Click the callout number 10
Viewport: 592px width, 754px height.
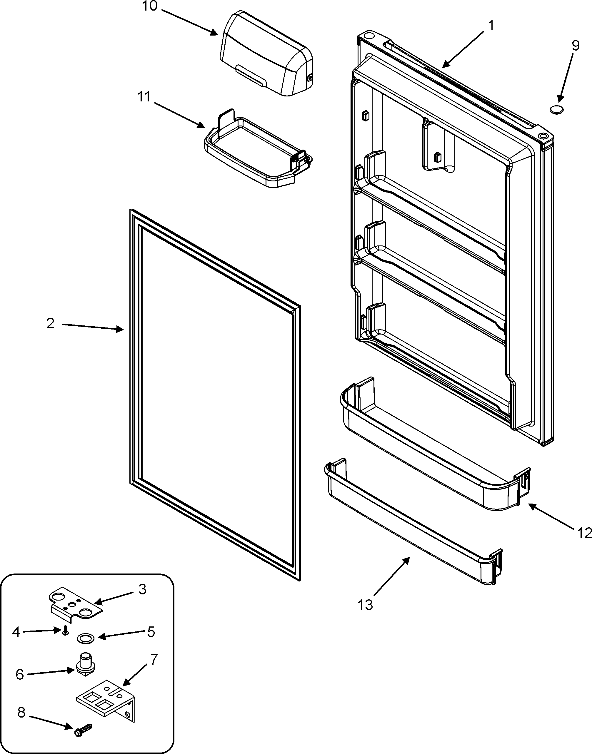coord(150,6)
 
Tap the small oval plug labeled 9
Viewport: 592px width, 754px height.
coord(556,109)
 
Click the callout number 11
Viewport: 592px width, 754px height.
coord(144,97)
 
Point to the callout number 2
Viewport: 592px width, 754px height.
coord(50,323)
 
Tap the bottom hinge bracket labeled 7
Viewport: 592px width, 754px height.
coord(106,698)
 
